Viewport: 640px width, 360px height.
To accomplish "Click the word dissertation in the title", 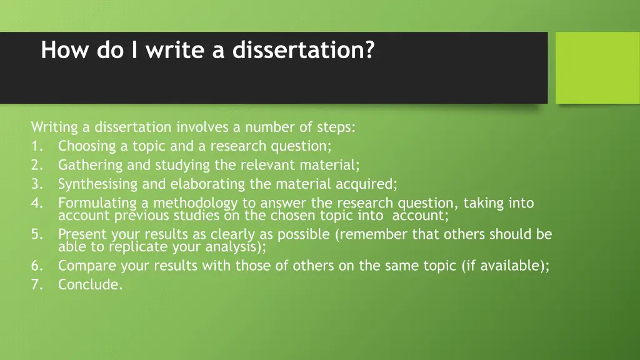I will point(298,50).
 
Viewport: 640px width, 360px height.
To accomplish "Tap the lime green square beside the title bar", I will point(597,67).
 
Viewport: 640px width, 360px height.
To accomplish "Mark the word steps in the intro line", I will point(336,127).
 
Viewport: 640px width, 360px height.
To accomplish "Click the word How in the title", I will point(59,50).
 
